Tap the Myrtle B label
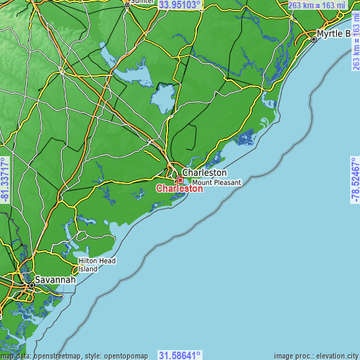point(333,33)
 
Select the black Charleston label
point(205,172)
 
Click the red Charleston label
point(179,188)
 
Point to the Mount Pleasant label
point(217,182)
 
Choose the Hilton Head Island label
point(97,264)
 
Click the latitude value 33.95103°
point(179,5)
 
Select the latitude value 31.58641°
point(179,355)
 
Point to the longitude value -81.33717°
point(5,181)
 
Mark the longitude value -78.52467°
point(355,181)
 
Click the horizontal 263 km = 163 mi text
point(318,6)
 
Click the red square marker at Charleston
point(180,180)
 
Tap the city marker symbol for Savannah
point(30,285)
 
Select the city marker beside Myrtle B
point(314,39)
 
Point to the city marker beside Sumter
point(127,4)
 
